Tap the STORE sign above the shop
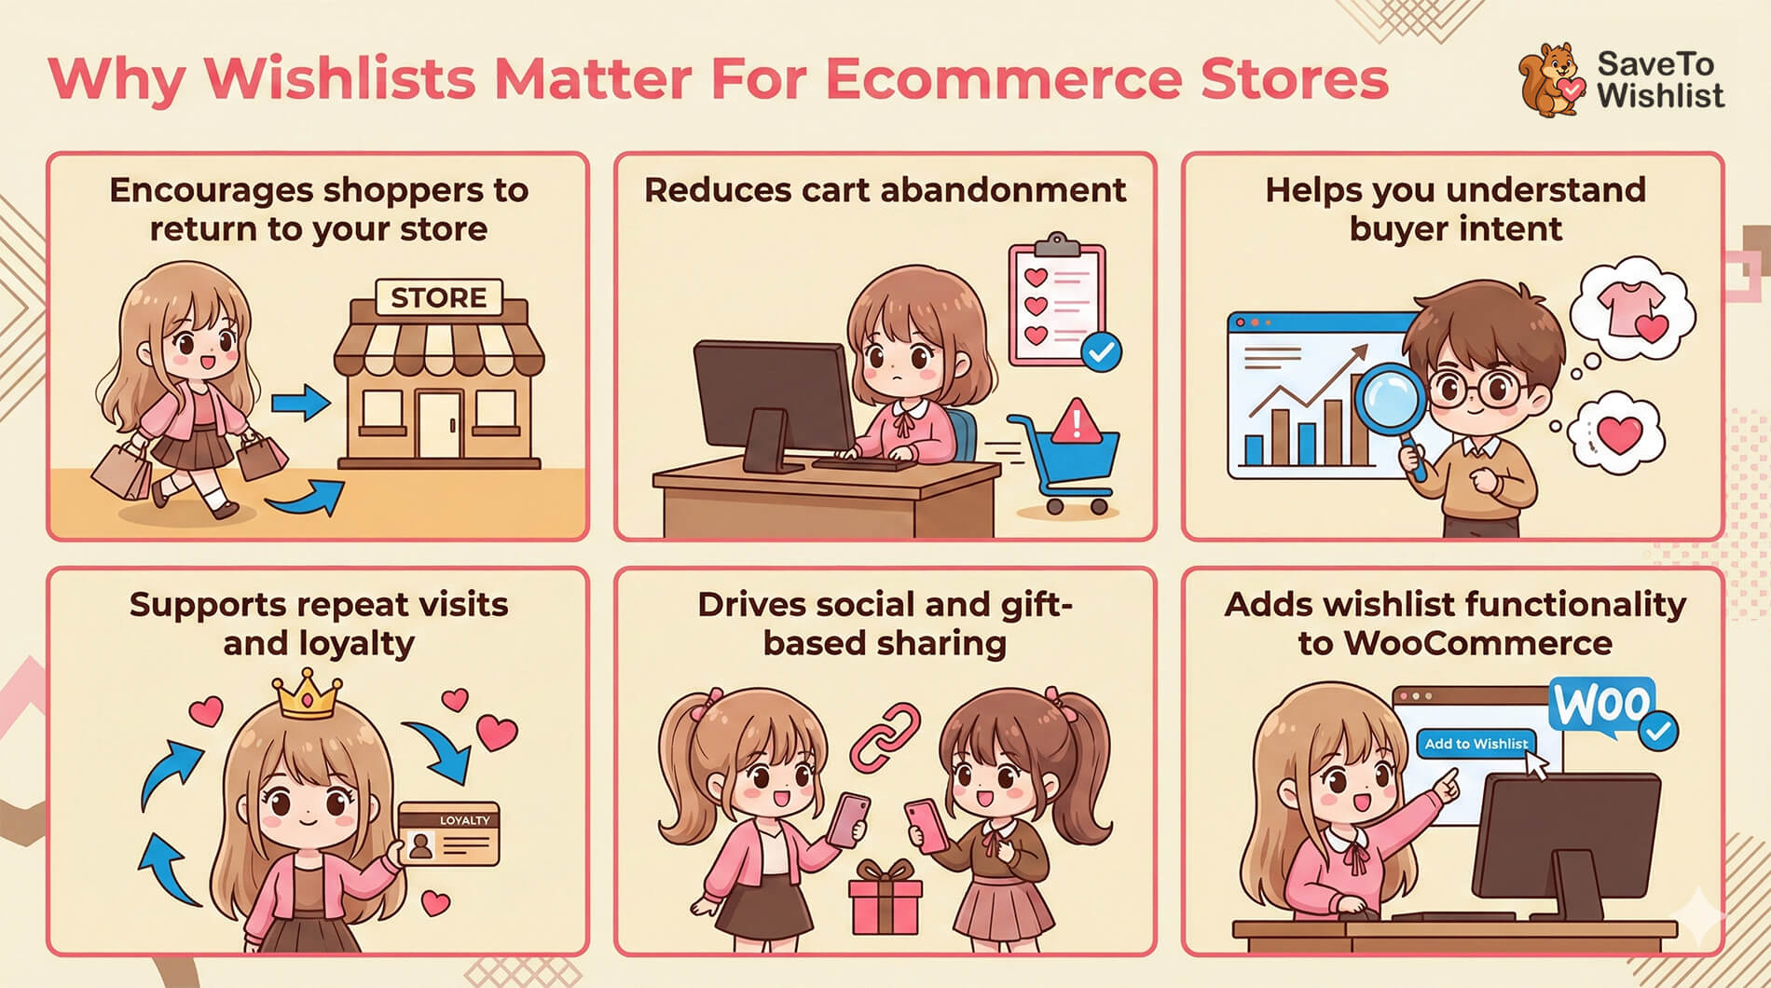[438, 297]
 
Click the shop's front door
[439, 425]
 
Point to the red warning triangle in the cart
[1077, 421]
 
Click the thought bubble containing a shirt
[1631, 313]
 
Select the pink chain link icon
[884, 736]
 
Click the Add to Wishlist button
[1476, 744]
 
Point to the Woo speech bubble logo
[1601, 707]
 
